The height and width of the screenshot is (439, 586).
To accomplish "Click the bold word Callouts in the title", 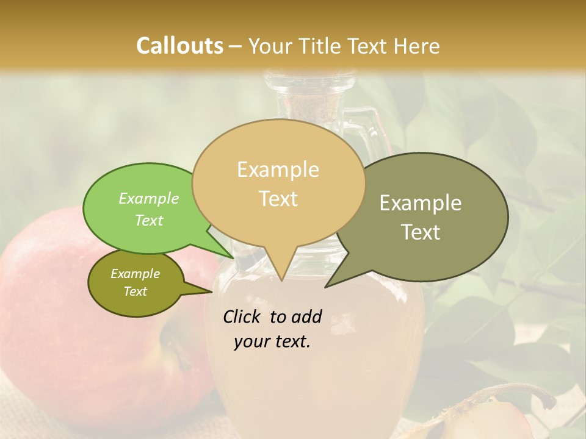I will (x=179, y=46).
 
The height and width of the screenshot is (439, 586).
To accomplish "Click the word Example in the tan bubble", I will (x=278, y=170).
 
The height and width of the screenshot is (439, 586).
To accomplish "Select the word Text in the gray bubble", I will (x=421, y=232).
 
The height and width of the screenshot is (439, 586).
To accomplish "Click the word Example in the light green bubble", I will (x=148, y=198).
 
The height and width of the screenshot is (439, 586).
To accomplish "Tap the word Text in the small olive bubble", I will (x=135, y=291).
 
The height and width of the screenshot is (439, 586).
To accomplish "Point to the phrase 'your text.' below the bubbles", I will (x=272, y=341).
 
